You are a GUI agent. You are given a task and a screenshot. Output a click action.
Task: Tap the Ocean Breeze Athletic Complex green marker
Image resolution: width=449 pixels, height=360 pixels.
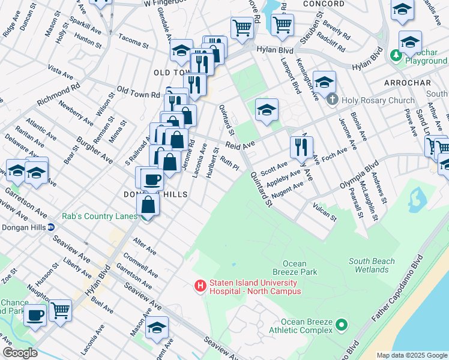(342, 326)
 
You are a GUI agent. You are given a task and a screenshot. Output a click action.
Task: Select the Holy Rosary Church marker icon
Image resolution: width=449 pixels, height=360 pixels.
(333, 100)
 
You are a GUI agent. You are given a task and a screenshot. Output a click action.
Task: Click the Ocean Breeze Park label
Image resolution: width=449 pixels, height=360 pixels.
(294, 268)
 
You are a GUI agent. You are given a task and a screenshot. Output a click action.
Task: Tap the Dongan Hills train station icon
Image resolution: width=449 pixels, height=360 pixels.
(51, 227)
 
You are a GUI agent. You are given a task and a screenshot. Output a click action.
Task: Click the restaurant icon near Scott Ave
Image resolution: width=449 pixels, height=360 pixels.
(301, 147)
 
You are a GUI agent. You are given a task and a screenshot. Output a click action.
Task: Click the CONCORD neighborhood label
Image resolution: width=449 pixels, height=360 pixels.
(324, 4)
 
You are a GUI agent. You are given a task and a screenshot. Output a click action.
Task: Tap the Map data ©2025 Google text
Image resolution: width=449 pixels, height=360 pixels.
(411, 355)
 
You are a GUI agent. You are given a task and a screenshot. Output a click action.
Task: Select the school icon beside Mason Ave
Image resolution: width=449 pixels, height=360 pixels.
(157, 327)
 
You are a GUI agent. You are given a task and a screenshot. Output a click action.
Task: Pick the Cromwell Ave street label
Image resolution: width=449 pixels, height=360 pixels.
(141, 265)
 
